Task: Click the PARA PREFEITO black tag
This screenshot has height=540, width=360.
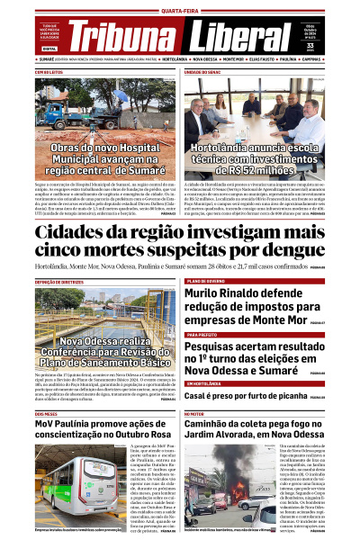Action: click(x=202, y=334)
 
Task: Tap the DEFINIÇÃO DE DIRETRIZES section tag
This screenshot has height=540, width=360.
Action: click(x=59, y=281)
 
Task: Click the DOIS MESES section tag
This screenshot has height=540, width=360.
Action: click(x=46, y=414)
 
